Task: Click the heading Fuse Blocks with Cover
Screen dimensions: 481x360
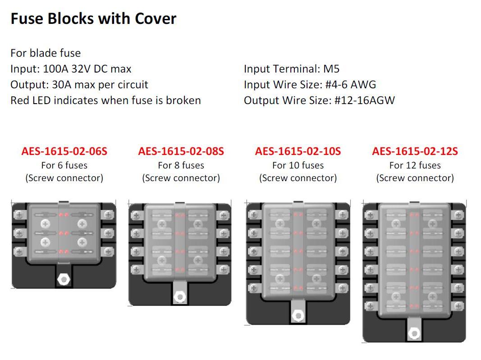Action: point(94,18)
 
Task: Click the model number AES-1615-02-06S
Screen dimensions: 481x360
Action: point(64,151)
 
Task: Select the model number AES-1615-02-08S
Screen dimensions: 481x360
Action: point(181,151)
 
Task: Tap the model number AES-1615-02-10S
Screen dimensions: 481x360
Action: point(298,151)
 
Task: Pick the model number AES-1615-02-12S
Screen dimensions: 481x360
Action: point(415,151)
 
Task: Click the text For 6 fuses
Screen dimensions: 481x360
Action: point(64,165)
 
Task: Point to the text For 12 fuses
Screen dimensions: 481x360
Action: point(415,165)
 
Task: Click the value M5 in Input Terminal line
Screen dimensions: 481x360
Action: point(331,69)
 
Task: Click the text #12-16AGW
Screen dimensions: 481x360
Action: point(364,100)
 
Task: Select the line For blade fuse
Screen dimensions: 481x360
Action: point(46,53)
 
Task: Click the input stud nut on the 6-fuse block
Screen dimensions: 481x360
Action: point(64,279)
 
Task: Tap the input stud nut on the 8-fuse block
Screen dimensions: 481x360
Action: point(180,297)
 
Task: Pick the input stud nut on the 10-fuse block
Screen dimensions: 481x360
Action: point(298,315)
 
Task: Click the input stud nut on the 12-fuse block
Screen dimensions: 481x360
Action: point(414,333)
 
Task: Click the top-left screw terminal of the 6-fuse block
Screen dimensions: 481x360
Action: point(19,214)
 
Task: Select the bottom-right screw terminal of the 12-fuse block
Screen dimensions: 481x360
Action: point(458,306)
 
